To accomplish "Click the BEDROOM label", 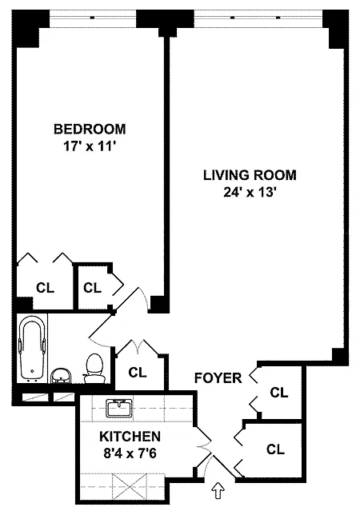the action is (x=90, y=129).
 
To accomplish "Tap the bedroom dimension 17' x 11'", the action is (x=90, y=146).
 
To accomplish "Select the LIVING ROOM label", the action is (x=250, y=175).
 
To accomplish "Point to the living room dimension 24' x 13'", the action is (x=250, y=192).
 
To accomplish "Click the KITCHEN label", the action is (x=130, y=436).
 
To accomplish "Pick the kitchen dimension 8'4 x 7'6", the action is (x=130, y=453).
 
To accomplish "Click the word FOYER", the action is (x=218, y=378).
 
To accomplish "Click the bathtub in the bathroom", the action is (x=32, y=348).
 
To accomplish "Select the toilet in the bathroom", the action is (x=94, y=369).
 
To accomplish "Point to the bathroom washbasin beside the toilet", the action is (x=61, y=376).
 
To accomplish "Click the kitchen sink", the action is (x=119, y=407).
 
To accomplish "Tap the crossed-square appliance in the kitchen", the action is (x=130, y=486).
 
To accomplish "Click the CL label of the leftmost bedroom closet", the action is (x=45, y=288).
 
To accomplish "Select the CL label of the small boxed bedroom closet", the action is (x=92, y=288).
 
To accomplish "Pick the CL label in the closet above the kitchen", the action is (x=138, y=372).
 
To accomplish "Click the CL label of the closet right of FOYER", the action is (x=279, y=393).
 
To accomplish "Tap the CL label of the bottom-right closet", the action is (x=275, y=449).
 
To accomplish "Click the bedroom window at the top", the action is (x=92, y=17).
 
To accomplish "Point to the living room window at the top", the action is (x=258, y=17).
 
